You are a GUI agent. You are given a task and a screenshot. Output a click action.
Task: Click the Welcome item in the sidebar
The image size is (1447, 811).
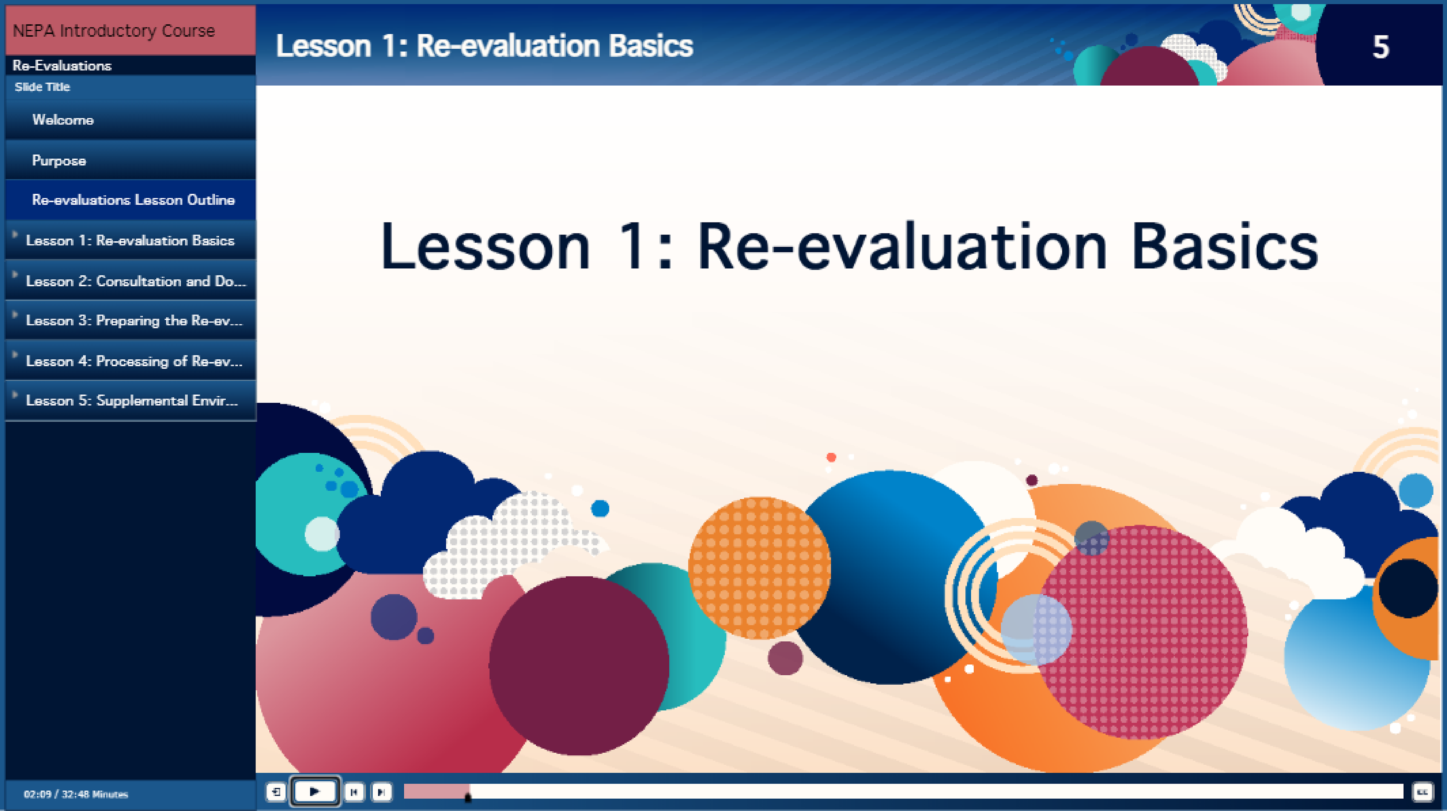pos(63,120)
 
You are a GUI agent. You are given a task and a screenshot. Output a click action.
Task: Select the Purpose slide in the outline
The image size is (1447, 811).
pos(59,161)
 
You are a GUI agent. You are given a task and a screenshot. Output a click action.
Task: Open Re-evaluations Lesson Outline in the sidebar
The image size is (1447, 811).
pos(133,199)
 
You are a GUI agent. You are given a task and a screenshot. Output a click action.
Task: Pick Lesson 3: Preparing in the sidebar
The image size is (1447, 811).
pos(134,320)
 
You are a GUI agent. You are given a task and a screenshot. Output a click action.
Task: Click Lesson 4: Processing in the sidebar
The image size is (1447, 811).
pos(134,361)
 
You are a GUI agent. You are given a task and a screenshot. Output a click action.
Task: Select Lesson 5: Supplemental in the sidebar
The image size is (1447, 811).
pos(132,400)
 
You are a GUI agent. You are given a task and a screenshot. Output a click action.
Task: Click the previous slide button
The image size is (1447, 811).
pos(354,792)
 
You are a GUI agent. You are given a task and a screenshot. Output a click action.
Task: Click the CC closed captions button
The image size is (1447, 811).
pos(1422,792)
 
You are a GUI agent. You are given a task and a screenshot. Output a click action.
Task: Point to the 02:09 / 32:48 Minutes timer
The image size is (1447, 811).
pos(76,794)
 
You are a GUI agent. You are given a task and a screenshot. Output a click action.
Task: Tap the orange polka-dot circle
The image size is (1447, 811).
pos(759,568)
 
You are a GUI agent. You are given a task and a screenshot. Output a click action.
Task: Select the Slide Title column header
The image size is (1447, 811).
pos(42,87)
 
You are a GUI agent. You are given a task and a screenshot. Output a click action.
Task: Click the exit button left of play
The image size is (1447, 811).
pos(276,792)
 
